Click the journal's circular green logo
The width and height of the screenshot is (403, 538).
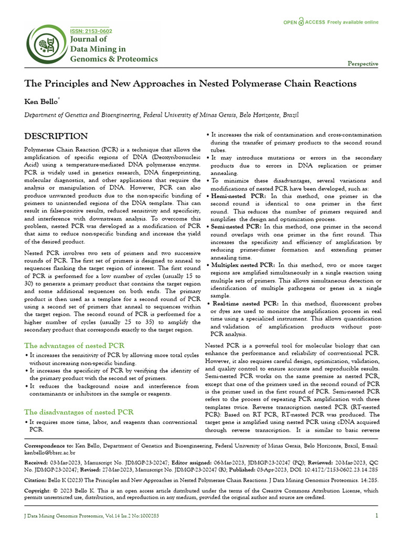click(x=47, y=46)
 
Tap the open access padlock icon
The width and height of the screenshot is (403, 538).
click(x=301, y=22)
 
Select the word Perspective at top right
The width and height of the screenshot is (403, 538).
click(x=363, y=64)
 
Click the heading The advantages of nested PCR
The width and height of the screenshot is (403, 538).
click(x=74, y=346)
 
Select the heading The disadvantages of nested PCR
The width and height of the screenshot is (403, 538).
click(x=79, y=411)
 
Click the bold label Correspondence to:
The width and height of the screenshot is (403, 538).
click(x=49, y=446)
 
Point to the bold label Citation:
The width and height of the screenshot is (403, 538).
click(x=37, y=480)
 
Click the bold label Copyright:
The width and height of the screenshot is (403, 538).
click(x=40, y=491)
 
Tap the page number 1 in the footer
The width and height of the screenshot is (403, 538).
click(x=376, y=515)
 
